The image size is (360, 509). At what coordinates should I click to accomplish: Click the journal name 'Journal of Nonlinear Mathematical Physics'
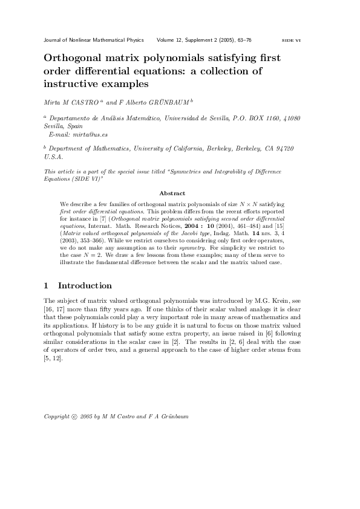tap(94, 40)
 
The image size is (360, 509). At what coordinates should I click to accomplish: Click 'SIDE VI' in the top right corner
tap(292, 41)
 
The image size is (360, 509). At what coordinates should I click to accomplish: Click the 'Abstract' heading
tap(172, 193)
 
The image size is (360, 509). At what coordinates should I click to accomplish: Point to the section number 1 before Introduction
tap(47, 285)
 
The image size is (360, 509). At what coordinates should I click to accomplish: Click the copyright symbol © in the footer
tap(74, 417)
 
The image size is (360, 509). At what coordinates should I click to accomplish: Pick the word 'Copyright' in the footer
tap(57, 417)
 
